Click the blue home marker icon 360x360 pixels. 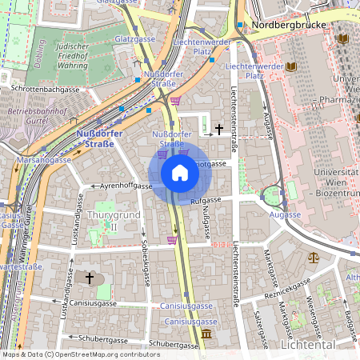click(180, 172)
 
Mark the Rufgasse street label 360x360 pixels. click(206, 200)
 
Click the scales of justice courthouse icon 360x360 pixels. click(314, 258)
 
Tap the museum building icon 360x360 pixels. click(207, 333)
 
